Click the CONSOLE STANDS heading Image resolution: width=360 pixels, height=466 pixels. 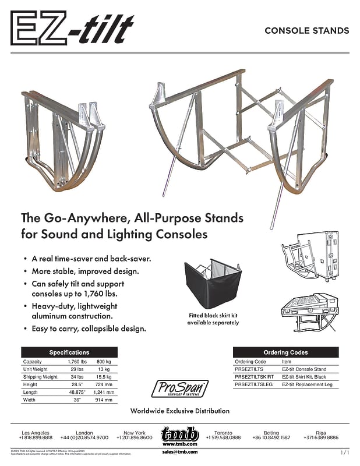click(x=306, y=30)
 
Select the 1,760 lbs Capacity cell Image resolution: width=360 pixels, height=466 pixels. click(x=73, y=362)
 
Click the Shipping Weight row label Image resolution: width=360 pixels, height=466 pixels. click(x=40, y=377)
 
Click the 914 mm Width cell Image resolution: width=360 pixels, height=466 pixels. click(x=105, y=400)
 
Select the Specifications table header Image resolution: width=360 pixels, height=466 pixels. click(x=69, y=352)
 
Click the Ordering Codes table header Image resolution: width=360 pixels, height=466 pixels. click(x=286, y=352)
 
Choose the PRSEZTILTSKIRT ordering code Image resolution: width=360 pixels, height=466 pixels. click(x=254, y=377)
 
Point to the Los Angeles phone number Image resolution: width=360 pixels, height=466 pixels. click(x=36, y=437)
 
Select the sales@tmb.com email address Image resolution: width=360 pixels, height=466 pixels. click(x=180, y=451)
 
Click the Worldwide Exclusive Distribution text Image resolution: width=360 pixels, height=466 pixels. click(x=179, y=411)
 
